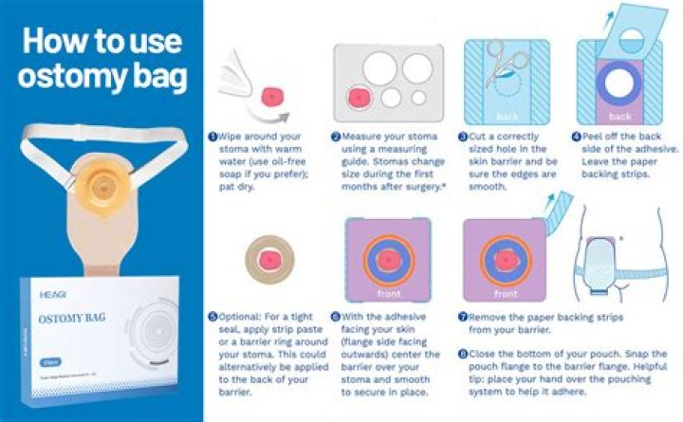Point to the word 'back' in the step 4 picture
619,117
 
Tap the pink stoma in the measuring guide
362,98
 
